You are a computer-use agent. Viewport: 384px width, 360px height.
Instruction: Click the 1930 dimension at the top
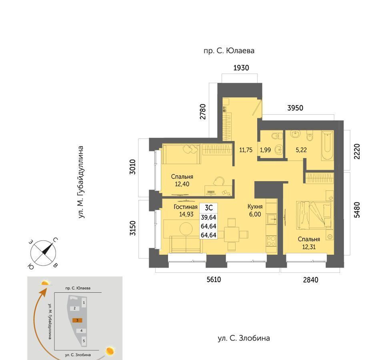click(241, 68)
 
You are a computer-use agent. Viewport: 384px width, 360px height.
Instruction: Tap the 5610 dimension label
click(214, 280)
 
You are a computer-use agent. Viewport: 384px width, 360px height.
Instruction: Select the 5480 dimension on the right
click(357, 210)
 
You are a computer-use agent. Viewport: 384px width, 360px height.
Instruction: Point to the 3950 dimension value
click(295, 108)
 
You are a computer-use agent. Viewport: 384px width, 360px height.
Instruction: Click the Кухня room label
click(255, 206)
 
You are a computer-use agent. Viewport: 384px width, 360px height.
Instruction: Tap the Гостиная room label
click(186, 207)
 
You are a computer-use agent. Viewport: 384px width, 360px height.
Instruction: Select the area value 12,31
click(309, 247)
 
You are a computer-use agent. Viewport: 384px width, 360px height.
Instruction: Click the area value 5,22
click(301, 150)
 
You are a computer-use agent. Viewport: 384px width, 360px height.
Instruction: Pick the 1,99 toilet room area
click(265, 150)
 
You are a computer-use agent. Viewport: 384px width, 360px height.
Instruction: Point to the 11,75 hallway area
click(246, 150)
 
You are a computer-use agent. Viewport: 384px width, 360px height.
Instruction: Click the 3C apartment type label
click(209, 208)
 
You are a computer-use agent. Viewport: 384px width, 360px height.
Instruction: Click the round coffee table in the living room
click(186, 229)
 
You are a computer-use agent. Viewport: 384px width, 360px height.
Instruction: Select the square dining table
click(232, 234)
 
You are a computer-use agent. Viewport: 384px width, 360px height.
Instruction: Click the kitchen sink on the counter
click(272, 219)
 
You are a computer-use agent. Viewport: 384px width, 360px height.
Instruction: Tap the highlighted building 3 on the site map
click(77, 320)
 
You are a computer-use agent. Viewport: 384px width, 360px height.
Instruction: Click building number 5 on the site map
click(84, 341)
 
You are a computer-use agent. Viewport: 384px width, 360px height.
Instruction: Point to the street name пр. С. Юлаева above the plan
click(229, 51)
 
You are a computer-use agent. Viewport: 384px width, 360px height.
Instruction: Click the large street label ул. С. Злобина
click(244, 338)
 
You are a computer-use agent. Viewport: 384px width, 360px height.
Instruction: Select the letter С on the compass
click(55, 240)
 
